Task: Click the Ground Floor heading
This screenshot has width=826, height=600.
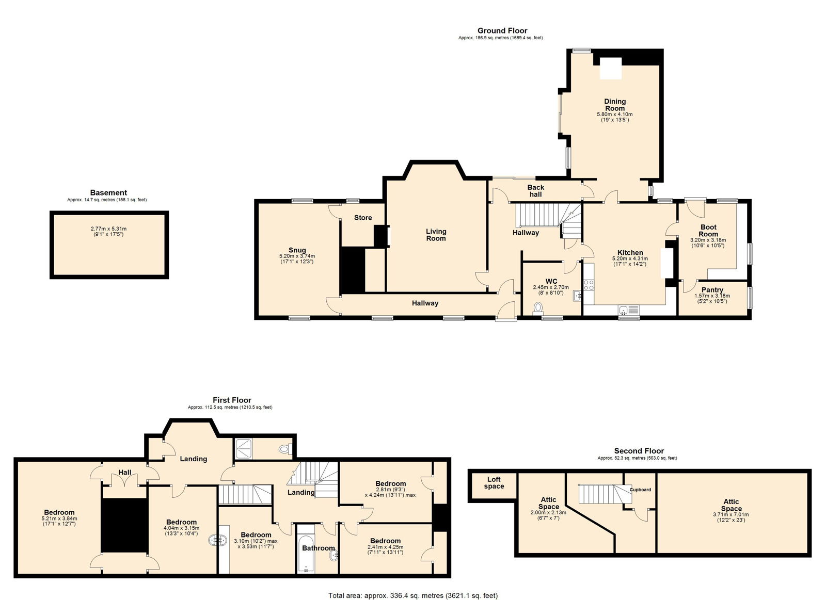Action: click(x=502, y=30)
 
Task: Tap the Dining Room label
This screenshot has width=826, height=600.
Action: click(x=615, y=105)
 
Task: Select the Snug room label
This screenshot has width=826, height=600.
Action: click(x=297, y=250)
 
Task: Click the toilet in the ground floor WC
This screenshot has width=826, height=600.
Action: click(x=538, y=308)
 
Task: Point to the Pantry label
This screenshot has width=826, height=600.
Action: click(x=712, y=289)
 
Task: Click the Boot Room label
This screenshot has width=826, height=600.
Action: click(x=708, y=231)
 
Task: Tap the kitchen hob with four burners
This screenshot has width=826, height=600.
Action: click(x=589, y=285)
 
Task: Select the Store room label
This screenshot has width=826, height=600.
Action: click(x=363, y=218)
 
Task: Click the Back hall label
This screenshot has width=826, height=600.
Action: click(x=535, y=191)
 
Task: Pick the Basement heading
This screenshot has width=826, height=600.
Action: click(x=108, y=192)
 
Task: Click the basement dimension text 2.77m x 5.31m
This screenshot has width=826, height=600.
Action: click(x=108, y=229)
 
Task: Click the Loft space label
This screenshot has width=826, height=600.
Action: click(x=494, y=483)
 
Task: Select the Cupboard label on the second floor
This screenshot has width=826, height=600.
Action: click(x=640, y=490)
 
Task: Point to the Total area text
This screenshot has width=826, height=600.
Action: click(x=413, y=585)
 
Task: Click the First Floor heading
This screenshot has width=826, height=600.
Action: click(x=232, y=400)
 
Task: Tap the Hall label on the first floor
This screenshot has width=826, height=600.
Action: click(x=125, y=472)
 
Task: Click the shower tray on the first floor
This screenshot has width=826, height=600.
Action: click(x=244, y=448)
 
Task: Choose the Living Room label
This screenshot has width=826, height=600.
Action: click(x=436, y=235)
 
